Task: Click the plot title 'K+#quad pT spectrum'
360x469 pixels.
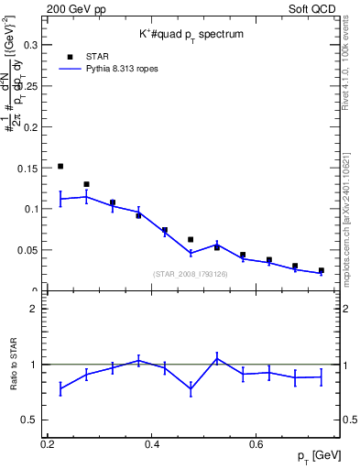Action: tap(191, 33)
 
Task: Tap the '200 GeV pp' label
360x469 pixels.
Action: tap(73, 8)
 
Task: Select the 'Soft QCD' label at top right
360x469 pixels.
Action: tap(313, 8)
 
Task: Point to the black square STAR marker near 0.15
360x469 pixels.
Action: tap(60, 167)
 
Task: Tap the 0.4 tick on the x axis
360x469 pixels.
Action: tap(153, 443)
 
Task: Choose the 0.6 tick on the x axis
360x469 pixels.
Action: tap(257, 443)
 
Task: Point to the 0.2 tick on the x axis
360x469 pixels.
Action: tap(48, 443)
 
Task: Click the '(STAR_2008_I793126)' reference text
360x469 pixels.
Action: tap(191, 274)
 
